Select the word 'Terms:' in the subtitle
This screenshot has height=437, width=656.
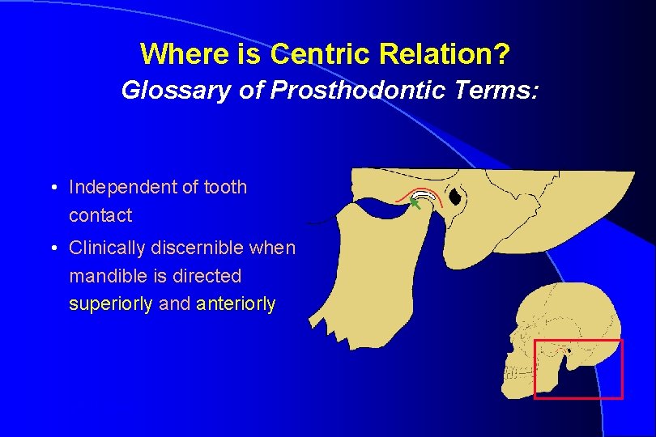pyautogui.click(x=499, y=90)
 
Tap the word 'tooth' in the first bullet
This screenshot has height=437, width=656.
pyautogui.click(x=224, y=188)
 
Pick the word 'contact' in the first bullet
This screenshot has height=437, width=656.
pyautogui.click(x=100, y=216)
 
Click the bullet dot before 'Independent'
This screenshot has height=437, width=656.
pyautogui.click(x=52, y=189)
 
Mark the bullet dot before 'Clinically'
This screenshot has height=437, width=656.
pyautogui.click(x=52, y=248)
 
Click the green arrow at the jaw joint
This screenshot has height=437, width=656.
pyautogui.click(x=415, y=207)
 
